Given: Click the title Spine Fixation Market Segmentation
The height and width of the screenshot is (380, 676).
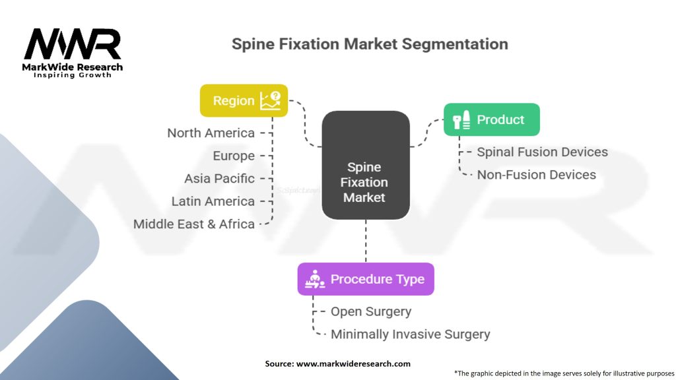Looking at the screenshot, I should click(x=370, y=44).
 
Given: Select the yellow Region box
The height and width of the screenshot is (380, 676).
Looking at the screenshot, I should click(x=244, y=100).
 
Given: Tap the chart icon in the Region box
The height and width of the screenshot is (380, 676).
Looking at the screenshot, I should click(x=270, y=100).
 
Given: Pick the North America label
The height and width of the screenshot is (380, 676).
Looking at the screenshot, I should click(x=211, y=133).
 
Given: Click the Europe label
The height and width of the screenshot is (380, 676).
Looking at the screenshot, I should click(x=234, y=156).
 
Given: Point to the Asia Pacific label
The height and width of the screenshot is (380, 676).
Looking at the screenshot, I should click(x=219, y=178).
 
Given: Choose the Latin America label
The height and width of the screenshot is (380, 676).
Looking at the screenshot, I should click(x=213, y=201).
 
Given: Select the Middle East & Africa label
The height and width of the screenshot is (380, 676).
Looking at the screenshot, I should click(x=193, y=224).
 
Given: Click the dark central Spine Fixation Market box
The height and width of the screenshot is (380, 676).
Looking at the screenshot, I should click(x=366, y=165).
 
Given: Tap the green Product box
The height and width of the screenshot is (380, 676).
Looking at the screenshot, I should click(x=491, y=119).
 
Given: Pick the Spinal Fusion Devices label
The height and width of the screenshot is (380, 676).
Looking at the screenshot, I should click(x=542, y=152).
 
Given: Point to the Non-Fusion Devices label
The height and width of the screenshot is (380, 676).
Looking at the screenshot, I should click(x=536, y=175).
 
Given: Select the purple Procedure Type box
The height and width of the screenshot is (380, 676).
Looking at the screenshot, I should click(x=365, y=279).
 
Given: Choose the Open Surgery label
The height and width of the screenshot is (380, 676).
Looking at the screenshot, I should click(x=370, y=311).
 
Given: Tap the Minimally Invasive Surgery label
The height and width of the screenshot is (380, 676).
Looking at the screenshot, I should click(x=410, y=334).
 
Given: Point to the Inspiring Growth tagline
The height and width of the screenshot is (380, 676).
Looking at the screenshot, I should click(x=73, y=75).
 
